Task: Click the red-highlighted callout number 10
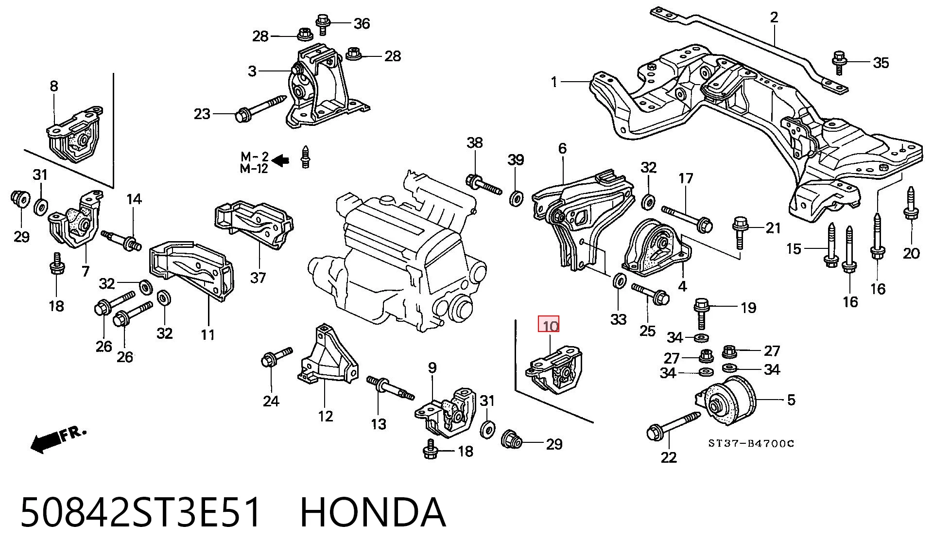coord(549,325)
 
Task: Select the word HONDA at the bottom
coord(373,512)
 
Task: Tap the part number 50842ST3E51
coord(140,512)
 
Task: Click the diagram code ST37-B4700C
coord(751,443)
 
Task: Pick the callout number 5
coord(791,400)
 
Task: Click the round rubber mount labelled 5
coord(726,401)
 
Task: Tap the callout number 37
coord(258,278)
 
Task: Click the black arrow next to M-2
coord(280,159)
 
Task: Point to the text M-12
coord(254,169)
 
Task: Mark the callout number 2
coord(774,17)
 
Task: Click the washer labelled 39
coord(516,198)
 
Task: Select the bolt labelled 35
coord(839,62)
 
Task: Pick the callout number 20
coord(911,253)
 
